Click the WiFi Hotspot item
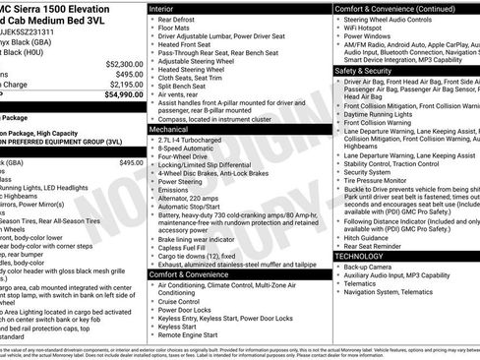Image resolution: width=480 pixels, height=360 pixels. (369, 30)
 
